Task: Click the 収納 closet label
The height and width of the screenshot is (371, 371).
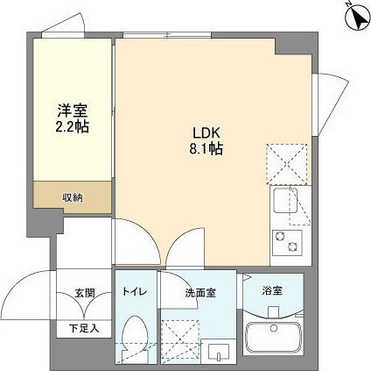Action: [72, 197]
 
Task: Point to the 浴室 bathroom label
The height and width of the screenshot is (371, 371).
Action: [273, 289]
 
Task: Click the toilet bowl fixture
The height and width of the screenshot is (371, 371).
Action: [134, 339]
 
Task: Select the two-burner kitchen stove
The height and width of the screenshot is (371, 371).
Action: [285, 240]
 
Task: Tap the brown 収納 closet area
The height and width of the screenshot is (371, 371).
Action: [72, 196]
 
